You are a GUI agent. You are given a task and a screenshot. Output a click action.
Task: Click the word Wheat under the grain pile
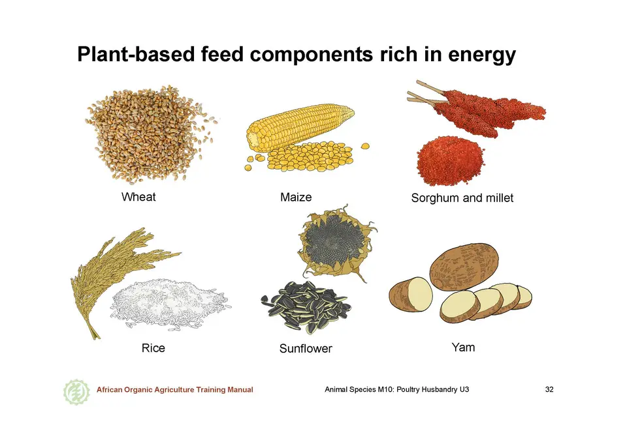[138, 197]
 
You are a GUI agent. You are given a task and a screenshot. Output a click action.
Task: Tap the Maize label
[296, 198]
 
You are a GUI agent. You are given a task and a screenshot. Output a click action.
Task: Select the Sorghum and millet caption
[462, 198]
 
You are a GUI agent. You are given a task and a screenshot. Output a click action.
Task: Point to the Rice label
[153, 348]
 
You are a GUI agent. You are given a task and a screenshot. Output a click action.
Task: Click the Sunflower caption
[306, 349]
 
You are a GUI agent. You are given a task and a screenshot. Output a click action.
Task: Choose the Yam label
[464, 347]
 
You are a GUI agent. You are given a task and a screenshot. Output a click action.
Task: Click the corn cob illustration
[300, 127]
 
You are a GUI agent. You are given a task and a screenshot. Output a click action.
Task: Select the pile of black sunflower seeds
[306, 306]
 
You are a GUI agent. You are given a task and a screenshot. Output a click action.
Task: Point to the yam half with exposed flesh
[411, 294]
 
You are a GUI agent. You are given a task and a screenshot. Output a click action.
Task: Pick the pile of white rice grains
[170, 304]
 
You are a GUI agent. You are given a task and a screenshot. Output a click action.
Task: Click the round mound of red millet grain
[451, 160]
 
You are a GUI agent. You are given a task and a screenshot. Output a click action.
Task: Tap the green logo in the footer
[76, 392]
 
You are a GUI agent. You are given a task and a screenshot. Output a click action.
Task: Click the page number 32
[549, 389]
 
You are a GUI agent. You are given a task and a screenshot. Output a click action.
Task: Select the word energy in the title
[482, 55]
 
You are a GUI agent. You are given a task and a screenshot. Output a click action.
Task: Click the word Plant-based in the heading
[136, 54]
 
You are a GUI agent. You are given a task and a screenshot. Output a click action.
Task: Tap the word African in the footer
[109, 390]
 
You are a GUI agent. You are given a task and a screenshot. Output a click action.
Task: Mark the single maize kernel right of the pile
[365, 146]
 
